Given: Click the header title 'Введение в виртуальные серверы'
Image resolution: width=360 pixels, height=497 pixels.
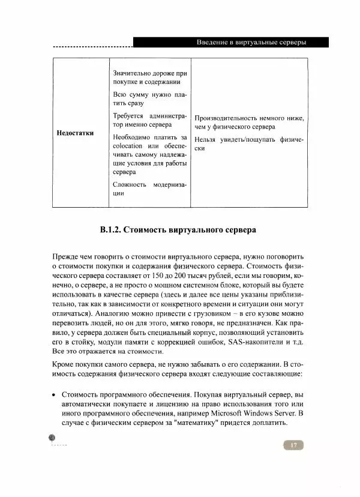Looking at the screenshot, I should pos(251,43).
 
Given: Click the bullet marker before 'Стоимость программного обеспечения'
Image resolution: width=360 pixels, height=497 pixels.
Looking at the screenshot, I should pos(55,395).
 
